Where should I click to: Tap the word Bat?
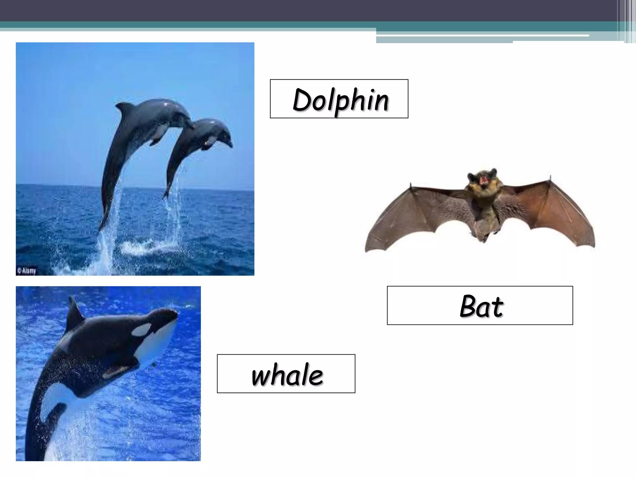(x=481, y=307)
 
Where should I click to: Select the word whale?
(x=287, y=375)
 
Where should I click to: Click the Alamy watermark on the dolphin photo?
(x=27, y=271)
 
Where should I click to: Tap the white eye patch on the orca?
(x=141, y=330)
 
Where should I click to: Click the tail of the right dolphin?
(x=166, y=194)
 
